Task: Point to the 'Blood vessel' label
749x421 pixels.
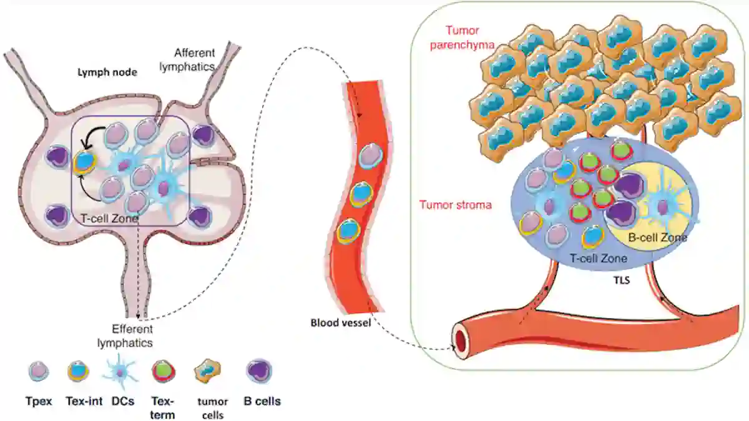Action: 341,323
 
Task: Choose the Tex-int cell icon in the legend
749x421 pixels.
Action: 77,371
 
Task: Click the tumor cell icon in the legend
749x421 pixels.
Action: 207,371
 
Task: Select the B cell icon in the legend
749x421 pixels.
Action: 259,372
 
